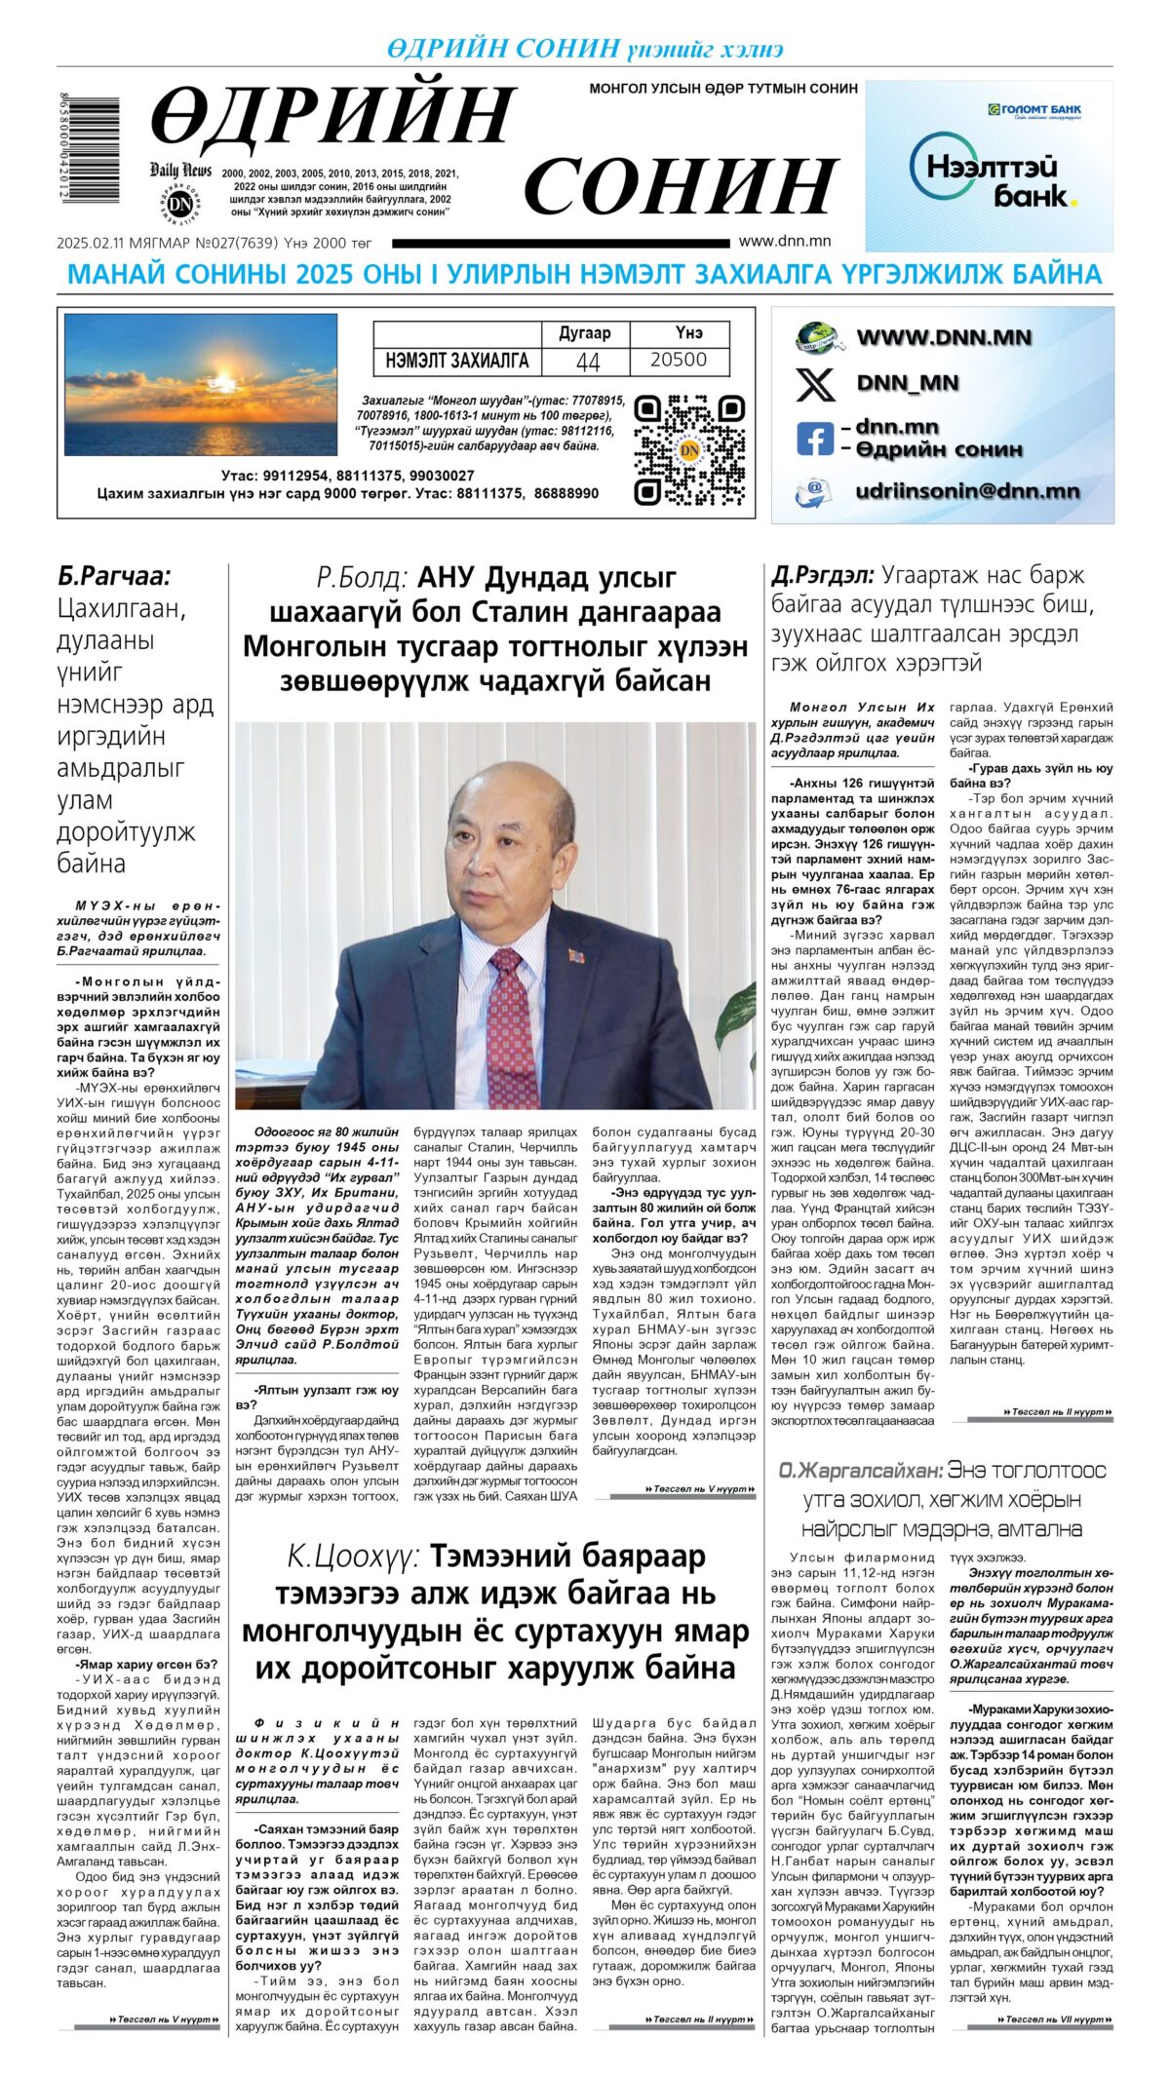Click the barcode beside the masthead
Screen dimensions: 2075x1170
point(89,149)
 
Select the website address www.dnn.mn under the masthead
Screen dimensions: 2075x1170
point(784,241)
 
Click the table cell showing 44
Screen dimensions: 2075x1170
point(587,361)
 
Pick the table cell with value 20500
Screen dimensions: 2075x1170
point(678,360)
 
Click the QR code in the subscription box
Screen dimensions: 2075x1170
point(689,449)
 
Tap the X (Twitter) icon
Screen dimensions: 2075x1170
point(815,383)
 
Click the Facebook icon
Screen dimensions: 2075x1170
point(814,438)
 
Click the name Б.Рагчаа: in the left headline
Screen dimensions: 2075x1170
point(114,576)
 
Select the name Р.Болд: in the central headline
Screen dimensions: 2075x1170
point(362,578)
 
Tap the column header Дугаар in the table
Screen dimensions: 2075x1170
point(584,332)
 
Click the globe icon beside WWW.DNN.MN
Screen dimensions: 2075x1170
point(817,337)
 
